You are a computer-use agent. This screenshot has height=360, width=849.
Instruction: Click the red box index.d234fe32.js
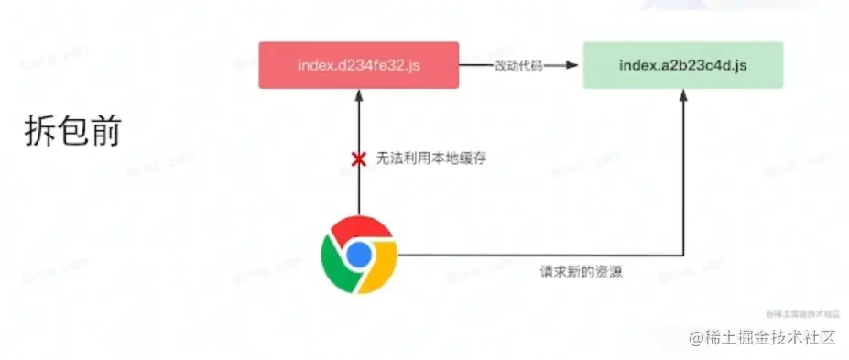tap(358, 65)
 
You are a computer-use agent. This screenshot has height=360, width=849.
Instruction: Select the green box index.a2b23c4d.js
tap(682, 65)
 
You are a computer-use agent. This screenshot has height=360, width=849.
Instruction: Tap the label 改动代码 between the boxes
tap(518, 65)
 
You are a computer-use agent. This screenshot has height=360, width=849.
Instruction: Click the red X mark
tap(359, 159)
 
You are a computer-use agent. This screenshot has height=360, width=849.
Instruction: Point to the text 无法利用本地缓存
tap(431, 159)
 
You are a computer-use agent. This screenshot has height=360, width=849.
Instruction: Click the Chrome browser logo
tap(359, 254)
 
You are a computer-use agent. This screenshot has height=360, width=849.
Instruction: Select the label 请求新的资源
tap(581, 271)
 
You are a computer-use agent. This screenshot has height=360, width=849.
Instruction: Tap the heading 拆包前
tap(72, 132)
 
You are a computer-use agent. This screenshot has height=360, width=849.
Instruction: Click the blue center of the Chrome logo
tap(359, 254)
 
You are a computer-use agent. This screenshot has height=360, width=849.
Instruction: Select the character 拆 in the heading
tap(40, 132)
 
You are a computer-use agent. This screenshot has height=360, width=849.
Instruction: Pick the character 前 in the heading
tap(105, 132)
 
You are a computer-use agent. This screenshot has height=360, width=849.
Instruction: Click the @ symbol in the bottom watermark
tap(697, 337)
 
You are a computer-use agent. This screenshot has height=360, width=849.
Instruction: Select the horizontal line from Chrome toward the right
tap(540, 255)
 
